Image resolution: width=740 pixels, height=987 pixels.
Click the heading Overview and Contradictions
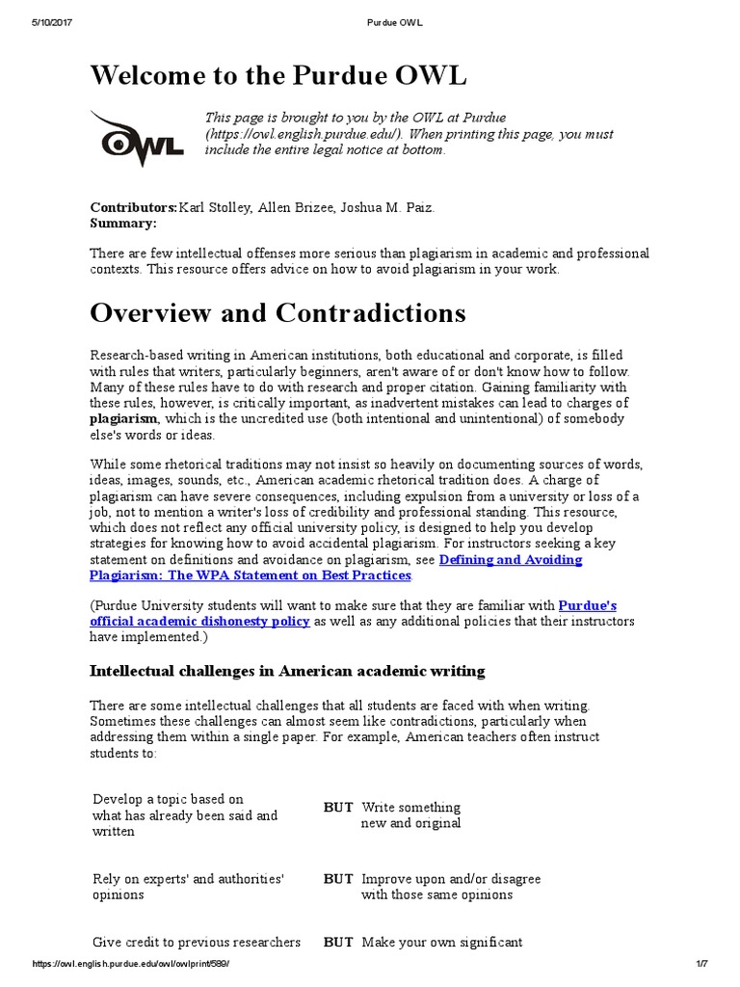pos(277,313)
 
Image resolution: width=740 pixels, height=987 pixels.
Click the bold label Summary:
pos(122,223)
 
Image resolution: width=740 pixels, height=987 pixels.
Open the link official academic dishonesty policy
pos(199,622)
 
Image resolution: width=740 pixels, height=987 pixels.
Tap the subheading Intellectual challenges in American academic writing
pos(287,670)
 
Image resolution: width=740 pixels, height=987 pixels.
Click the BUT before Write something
pos(338,807)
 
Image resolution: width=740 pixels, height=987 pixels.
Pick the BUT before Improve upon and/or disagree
pos(338,879)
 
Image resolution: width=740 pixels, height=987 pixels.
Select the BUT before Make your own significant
pos(338,942)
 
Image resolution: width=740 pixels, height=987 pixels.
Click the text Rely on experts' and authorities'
pos(187,879)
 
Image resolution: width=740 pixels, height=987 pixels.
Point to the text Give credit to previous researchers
pos(197,942)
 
